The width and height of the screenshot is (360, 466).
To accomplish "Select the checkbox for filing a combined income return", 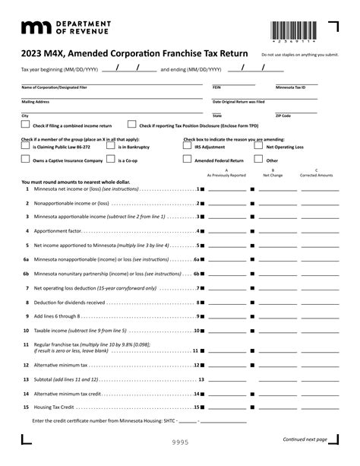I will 26,125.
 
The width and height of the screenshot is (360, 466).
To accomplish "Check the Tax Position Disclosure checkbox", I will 131,125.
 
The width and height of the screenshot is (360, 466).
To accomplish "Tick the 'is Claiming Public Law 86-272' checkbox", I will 26,147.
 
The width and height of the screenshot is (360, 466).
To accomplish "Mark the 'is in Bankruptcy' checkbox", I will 112,147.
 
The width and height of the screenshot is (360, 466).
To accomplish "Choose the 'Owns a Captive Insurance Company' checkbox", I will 26,160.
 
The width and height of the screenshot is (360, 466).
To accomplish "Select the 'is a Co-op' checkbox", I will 112,160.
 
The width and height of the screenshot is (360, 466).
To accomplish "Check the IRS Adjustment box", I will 188,147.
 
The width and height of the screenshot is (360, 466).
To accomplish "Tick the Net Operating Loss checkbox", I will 258,147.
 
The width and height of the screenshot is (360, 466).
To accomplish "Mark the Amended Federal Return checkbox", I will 188,160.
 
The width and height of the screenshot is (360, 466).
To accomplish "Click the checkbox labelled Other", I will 258,160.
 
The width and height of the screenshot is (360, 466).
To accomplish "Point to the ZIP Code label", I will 283,116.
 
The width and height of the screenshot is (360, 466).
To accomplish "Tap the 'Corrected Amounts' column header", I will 316,175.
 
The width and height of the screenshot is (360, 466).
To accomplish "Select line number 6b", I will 26,273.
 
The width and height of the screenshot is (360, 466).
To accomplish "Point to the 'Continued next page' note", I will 305,439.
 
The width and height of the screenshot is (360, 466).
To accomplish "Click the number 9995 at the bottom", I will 179,442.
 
